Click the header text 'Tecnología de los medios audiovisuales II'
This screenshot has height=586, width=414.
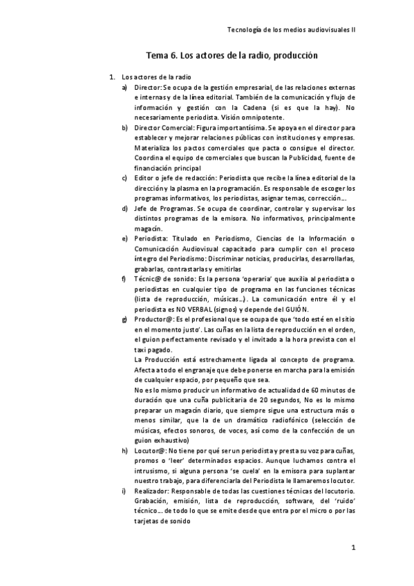click(x=291, y=30)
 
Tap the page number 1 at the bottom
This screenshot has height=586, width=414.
click(x=353, y=548)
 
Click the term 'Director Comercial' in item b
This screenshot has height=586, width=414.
click(x=164, y=128)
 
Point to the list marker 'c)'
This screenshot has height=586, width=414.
click(x=124, y=178)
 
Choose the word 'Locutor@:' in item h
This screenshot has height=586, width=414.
click(x=151, y=451)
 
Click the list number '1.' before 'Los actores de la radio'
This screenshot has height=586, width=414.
click(x=105, y=77)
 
